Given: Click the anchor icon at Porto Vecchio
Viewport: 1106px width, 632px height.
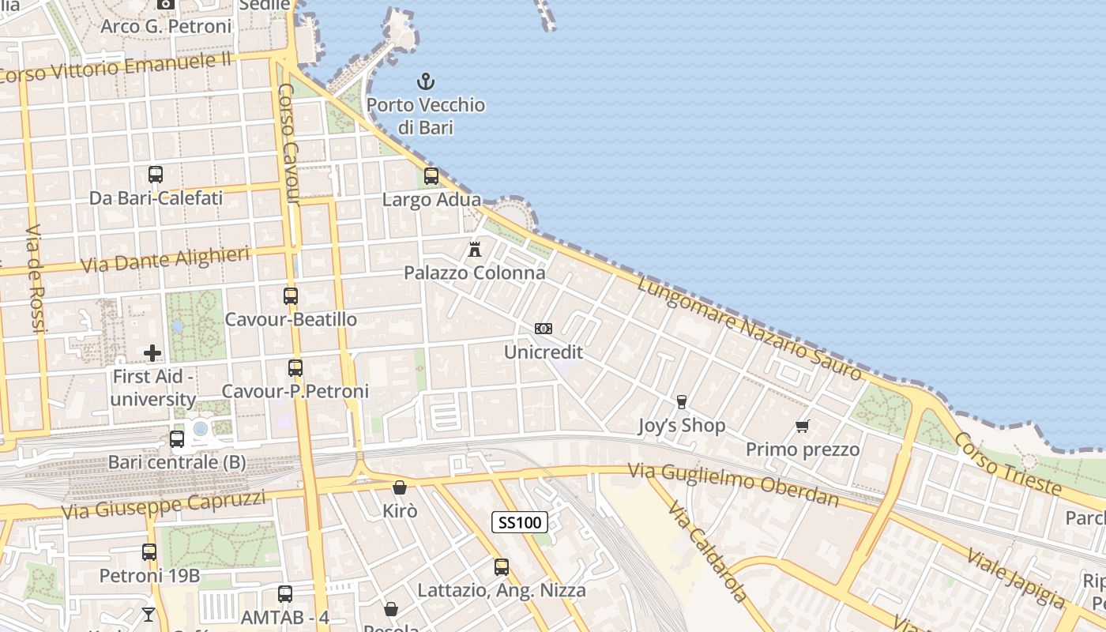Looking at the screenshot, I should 426,81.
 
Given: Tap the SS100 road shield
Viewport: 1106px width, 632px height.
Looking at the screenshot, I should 520,522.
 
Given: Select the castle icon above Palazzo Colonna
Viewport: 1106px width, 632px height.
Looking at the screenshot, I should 475,250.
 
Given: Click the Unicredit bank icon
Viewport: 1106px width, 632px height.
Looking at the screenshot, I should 544,329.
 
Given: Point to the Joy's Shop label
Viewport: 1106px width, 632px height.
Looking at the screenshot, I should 681,426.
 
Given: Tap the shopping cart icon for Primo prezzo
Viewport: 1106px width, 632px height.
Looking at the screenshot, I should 803,427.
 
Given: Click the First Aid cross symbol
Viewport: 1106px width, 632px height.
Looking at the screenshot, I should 152,353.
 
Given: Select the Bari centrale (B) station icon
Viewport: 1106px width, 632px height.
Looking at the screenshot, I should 177,439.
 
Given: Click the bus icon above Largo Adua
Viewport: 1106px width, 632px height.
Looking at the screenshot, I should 431,176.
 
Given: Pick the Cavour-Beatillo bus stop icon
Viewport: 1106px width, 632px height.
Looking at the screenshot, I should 291,296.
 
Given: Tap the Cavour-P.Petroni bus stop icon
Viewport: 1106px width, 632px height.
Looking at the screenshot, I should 295,368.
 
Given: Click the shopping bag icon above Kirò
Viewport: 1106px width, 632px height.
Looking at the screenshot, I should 400,487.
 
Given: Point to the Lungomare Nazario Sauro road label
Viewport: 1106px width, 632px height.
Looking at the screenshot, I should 750,328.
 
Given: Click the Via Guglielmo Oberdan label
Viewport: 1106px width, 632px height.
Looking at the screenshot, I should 733,483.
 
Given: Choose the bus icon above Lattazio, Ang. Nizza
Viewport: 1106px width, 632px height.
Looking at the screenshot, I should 502,567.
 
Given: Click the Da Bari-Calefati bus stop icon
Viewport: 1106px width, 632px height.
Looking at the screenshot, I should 156,175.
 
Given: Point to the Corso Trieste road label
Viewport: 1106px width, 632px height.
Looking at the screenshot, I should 1007,465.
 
